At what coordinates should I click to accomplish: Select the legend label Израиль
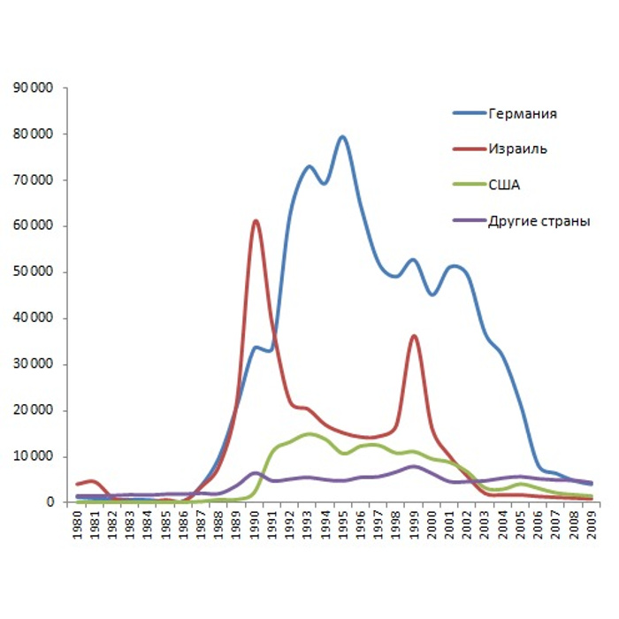pos(517,149)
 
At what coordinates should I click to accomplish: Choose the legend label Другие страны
pos(539,220)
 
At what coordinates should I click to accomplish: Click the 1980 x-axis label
pos(79,523)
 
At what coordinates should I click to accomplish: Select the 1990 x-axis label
pos(256,523)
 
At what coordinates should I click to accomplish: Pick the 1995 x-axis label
pos(344,523)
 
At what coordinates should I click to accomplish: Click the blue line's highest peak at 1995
pos(342,136)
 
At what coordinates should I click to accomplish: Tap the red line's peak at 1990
pos(256,220)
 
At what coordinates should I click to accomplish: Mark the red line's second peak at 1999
pos(414,336)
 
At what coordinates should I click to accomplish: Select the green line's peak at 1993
pos(309,433)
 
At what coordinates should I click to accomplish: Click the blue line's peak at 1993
pos(309,166)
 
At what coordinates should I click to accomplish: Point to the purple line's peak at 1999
pos(414,466)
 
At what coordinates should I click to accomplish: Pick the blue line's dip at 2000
pos(432,294)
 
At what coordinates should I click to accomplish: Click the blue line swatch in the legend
pos(467,114)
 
